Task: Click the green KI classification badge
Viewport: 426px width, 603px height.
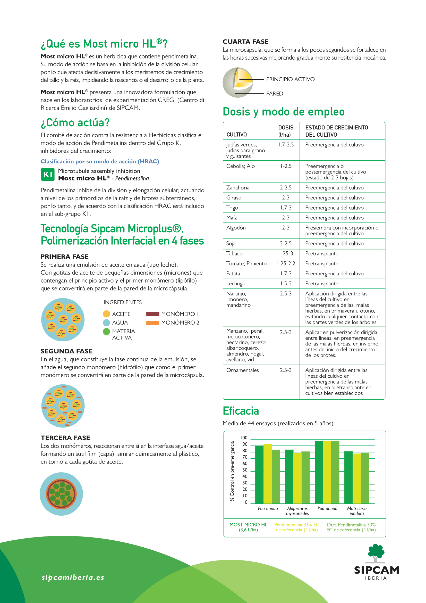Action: [x=47, y=174]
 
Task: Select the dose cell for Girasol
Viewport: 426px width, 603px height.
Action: [x=286, y=198]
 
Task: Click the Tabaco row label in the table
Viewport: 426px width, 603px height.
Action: [x=235, y=254]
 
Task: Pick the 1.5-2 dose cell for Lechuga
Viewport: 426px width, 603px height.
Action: [x=286, y=284]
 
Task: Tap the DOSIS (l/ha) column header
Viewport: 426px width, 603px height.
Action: [x=286, y=131]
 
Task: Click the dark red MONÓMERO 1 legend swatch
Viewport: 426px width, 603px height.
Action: [x=153, y=314]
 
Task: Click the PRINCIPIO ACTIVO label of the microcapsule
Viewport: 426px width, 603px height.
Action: [x=290, y=79]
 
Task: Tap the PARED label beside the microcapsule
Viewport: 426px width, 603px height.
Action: [x=275, y=94]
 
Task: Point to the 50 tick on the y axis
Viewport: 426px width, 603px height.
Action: [x=245, y=470]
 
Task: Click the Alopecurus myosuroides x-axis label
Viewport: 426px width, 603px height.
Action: [x=297, y=511]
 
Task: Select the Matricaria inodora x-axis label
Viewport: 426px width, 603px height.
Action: [x=357, y=511]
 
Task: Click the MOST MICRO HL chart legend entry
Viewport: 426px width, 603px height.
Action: [x=248, y=527]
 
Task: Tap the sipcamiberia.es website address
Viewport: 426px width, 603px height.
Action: [x=73, y=577]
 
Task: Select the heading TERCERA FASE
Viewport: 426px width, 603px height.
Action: [x=65, y=438]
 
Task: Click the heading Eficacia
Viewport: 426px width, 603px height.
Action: [x=241, y=411]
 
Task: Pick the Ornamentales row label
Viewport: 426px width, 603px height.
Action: [x=242, y=370]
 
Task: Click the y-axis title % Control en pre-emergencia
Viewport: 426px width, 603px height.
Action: [x=232, y=471]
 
